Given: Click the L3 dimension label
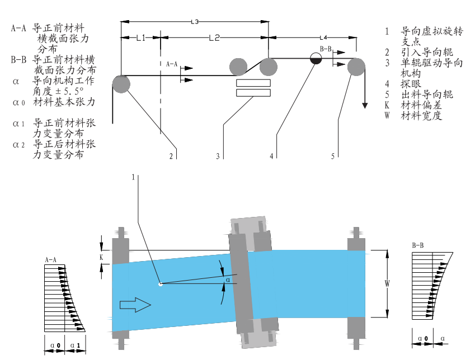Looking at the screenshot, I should tap(195, 22).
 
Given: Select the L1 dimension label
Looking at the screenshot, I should tap(140, 38).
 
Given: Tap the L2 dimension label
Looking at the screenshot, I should tap(214, 38).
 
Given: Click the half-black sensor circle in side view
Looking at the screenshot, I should tap(316, 58).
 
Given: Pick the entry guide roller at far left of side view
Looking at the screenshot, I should tap(121, 84).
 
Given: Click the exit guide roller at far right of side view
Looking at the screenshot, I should tap(356, 68).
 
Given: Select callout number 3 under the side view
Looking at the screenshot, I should tap(218, 157).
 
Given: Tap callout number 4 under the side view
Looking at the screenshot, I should tap(271, 157).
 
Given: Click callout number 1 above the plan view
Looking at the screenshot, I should tap(133, 177).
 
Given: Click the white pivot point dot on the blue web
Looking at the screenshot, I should tap(160, 284).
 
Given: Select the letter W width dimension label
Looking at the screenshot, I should tap(387, 283).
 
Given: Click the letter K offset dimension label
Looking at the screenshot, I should tap(101, 257).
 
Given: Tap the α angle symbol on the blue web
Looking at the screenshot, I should tap(227, 279).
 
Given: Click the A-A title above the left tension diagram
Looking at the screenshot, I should tap(51, 260).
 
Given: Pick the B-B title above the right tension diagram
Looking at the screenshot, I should tap(418, 245).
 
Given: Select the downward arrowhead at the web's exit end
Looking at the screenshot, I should tap(365, 105).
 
